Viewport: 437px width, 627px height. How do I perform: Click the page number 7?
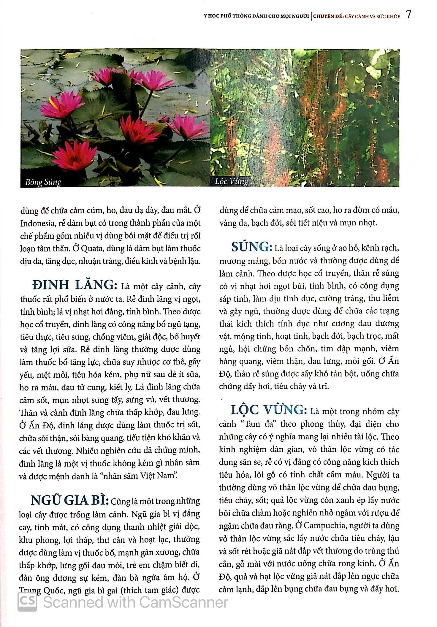[x=408, y=15]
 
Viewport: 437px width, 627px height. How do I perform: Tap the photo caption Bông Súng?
[x=43, y=182]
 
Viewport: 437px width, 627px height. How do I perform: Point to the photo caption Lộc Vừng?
[x=231, y=181]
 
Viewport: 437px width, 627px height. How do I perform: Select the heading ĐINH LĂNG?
[x=73, y=285]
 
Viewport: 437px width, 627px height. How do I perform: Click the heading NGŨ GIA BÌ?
[x=69, y=501]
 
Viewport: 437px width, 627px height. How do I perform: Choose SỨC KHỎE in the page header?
[x=388, y=16]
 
